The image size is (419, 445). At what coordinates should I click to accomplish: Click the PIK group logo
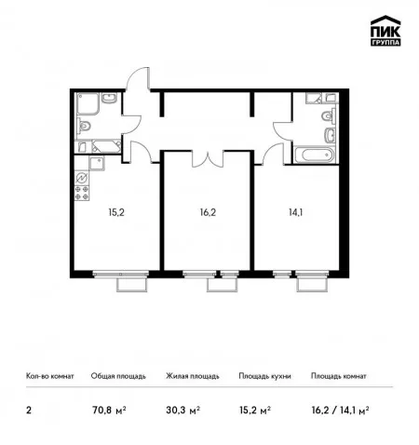click(385, 31)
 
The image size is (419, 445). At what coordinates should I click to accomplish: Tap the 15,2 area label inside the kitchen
click(116, 212)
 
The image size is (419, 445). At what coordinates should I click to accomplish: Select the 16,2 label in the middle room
click(208, 212)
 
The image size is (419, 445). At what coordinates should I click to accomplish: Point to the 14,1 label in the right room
click(296, 212)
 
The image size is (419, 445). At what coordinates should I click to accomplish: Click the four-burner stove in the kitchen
click(82, 193)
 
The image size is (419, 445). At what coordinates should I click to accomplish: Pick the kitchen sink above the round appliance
click(97, 163)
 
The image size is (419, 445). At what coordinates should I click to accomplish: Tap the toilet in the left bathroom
click(83, 126)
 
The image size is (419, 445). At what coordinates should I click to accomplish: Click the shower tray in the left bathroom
click(88, 104)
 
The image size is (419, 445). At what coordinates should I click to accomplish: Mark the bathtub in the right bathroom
click(314, 155)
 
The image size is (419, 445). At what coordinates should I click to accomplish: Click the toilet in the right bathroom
click(329, 116)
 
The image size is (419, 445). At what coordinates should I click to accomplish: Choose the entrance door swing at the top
click(138, 78)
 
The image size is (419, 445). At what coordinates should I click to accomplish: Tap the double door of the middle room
click(208, 158)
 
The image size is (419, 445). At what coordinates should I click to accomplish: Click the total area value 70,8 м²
click(109, 411)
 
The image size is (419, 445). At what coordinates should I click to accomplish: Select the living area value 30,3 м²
click(182, 411)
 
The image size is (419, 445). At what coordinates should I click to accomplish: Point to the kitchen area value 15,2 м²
click(255, 411)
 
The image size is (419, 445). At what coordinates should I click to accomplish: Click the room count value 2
click(29, 411)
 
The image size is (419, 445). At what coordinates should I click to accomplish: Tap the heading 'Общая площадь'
click(118, 376)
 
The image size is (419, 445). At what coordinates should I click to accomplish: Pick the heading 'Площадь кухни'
click(264, 376)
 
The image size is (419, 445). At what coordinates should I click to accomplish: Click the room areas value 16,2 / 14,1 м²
click(340, 411)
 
